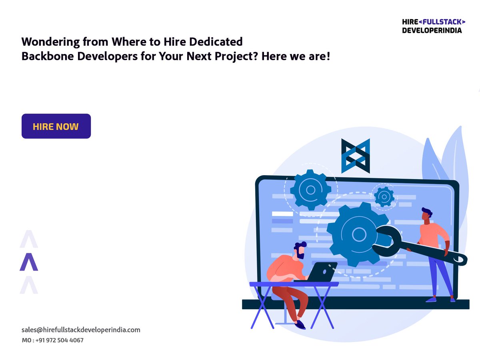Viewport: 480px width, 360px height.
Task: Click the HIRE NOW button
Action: pyautogui.click(x=56, y=126)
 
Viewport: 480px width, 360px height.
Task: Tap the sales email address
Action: pyautogui.click(x=81, y=330)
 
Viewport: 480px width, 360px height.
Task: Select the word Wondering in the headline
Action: pyautogui.click(x=44, y=41)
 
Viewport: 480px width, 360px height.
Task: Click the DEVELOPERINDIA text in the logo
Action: pyautogui.click(x=432, y=30)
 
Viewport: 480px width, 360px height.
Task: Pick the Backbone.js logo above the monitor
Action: pyautogui.click(x=355, y=156)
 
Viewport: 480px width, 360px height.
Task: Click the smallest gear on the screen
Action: pyautogui.click(x=384, y=196)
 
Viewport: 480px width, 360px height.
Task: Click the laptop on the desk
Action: pyautogui.click(x=320, y=272)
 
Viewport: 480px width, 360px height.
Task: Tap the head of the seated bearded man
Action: pyautogui.click(x=300, y=250)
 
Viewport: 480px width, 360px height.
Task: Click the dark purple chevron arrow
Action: pyautogui.click(x=29, y=262)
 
